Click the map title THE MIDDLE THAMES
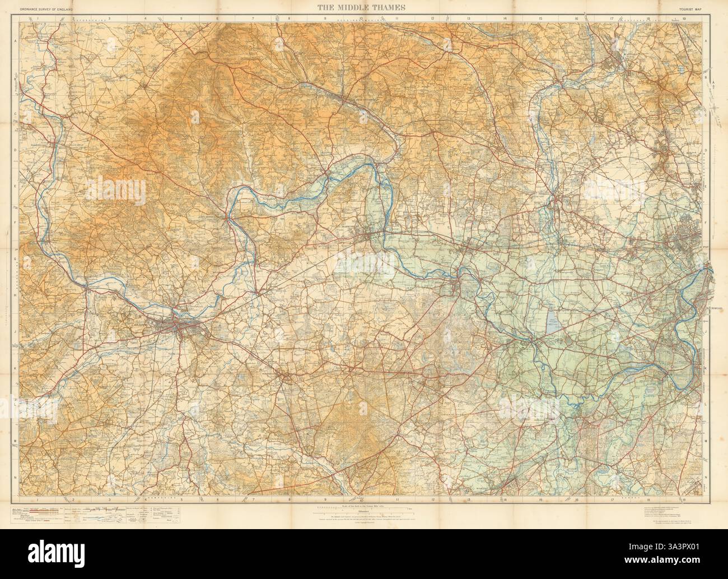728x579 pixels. click(x=364, y=7)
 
